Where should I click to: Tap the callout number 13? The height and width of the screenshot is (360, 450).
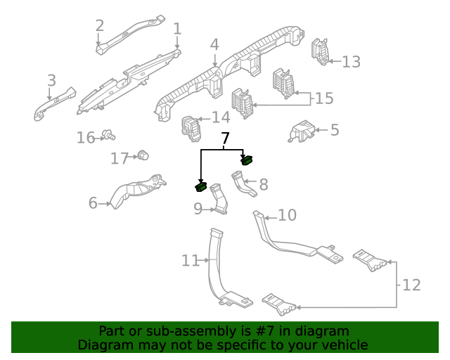pos(351,62)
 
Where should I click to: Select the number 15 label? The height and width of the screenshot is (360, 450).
pos(323,98)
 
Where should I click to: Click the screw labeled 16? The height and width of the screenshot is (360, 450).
pos(108,134)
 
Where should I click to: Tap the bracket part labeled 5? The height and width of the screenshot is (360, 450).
pos(301,131)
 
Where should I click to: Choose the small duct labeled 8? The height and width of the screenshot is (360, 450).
pos(243,184)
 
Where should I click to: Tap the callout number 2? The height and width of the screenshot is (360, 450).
pos(100,26)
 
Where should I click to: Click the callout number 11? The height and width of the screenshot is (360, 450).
pos(191,261)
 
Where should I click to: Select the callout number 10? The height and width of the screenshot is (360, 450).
pos(288,215)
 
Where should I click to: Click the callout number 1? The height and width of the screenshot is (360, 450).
pos(177,29)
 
